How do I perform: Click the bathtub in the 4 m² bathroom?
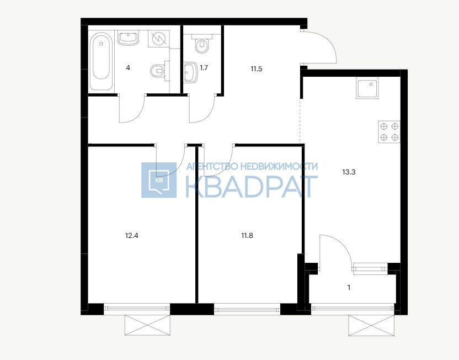coord(101,61)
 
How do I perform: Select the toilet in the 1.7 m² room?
coord(201,44)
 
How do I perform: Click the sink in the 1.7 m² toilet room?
coord(190,72)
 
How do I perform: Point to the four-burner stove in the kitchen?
coord(389,132)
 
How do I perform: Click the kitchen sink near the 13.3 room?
coord(367,88)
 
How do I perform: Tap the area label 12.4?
coord(131,235)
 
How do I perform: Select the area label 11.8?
coord(247,235)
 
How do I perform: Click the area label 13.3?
coord(349,172)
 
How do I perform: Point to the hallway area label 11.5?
coord(256,69)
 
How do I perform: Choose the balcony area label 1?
coord(349,288)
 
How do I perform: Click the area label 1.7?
coord(204,68)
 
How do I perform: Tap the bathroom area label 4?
coord(128,68)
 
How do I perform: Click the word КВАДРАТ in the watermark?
coord(252,187)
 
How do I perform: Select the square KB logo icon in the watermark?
coord(159,180)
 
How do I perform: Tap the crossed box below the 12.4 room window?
coord(147,325)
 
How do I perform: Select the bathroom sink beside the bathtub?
coord(128,38)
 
